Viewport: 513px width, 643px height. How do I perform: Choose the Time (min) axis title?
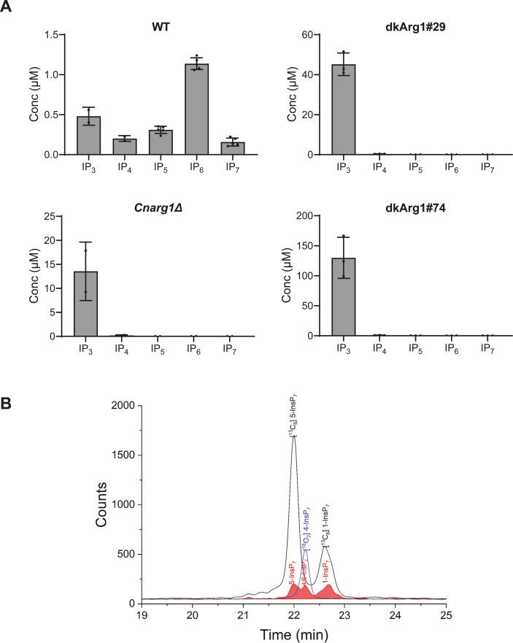pyautogui.click(x=294, y=634)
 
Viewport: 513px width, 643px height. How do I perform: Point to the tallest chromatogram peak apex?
pyautogui.click(x=293, y=437)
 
